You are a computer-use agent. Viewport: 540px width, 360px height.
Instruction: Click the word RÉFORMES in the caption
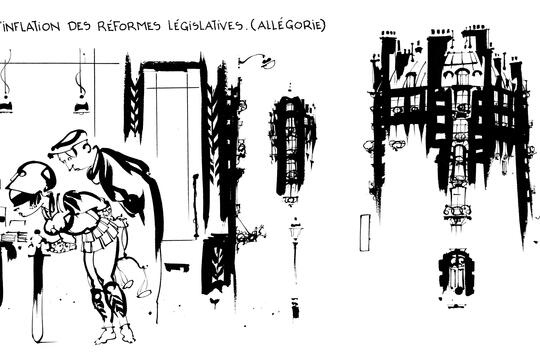point(129,26)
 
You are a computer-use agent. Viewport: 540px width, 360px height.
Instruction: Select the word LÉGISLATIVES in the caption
point(205,26)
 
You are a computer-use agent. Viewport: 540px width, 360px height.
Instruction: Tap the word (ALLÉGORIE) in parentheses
point(288,25)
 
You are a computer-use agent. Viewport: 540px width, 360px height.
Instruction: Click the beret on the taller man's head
point(68,141)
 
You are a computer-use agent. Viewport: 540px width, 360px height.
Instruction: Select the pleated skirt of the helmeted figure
point(100,234)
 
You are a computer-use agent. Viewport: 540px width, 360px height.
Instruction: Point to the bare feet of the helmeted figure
point(115,334)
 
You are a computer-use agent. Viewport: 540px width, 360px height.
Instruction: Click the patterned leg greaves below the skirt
point(108,301)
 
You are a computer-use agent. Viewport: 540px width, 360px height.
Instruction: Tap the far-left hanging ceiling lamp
point(6,103)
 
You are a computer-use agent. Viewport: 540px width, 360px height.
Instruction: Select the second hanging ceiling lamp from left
point(81,103)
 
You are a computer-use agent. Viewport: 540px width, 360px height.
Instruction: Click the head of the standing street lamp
point(295,230)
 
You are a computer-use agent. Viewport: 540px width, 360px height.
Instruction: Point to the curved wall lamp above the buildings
point(257,61)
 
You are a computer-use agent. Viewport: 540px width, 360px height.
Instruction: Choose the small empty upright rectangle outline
point(365,233)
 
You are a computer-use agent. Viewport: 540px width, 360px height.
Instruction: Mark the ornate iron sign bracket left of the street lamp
point(250,232)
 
